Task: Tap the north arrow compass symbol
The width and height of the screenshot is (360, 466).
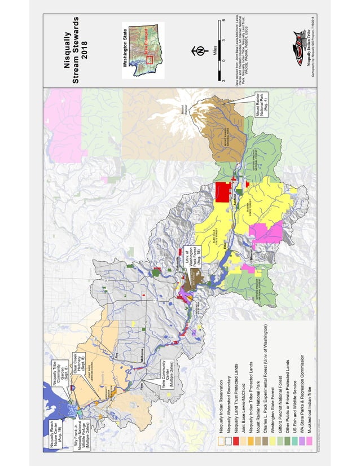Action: coord(199,51)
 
